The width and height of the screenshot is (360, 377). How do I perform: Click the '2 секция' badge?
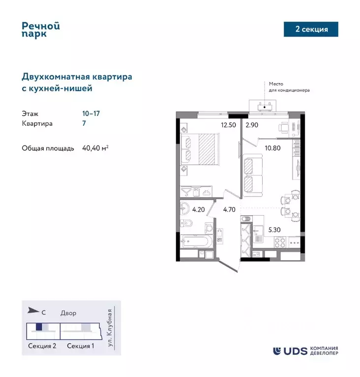[x=311, y=29]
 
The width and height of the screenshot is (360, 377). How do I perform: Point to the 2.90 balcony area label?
[x=253, y=125]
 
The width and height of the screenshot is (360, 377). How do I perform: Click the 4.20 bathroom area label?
[x=198, y=209]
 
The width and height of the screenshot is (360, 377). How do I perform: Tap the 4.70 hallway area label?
[x=229, y=209]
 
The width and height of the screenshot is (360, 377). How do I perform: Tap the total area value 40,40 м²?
[x=95, y=148]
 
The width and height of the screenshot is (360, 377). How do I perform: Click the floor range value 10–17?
[x=91, y=113]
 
